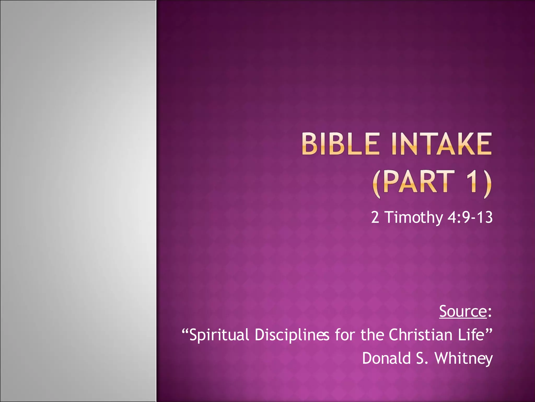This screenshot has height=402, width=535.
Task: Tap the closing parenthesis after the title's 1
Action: point(487,183)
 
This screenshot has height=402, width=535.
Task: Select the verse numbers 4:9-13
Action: point(470,217)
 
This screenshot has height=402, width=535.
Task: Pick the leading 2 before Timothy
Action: point(375,217)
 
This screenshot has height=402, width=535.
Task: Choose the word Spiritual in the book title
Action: point(219,335)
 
